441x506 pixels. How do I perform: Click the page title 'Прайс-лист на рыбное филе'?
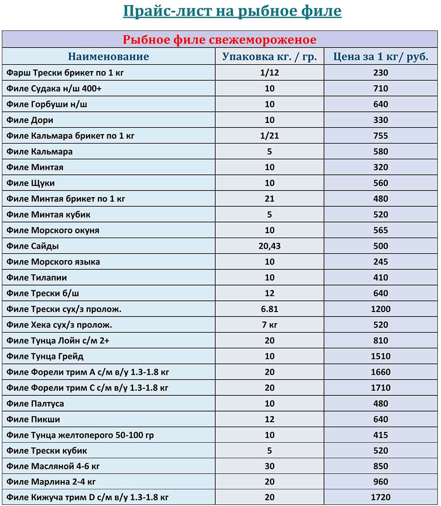click(x=232, y=11)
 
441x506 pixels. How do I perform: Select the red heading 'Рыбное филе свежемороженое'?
click(x=220, y=40)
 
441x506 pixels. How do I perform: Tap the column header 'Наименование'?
click(x=108, y=56)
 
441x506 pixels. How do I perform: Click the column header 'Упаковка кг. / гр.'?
click(x=269, y=56)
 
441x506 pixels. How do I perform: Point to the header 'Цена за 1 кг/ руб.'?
click(x=381, y=56)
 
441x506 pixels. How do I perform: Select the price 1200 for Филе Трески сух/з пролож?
click(x=381, y=309)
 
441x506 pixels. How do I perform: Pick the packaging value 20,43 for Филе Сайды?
click(x=269, y=246)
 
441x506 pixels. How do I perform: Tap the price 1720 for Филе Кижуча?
click(x=381, y=498)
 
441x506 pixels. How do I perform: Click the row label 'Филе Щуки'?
click(x=30, y=183)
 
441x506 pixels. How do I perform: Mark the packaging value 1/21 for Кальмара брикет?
click(x=269, y=136)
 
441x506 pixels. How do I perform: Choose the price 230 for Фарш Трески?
click(x=381, y=72)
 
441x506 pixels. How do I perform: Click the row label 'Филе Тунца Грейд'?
click(x=45, y=356)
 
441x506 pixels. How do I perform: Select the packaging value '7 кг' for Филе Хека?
click(x=269, y=325)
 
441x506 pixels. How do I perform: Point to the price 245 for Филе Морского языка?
click(x=381, y=262)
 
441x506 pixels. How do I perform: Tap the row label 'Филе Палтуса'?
click(x=35, y=404)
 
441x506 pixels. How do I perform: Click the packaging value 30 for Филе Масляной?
click(x=269, y=466)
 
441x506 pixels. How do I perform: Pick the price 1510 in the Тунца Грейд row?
click(x=381, y=356)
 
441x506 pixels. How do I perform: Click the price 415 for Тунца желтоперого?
click(x=381, y=435)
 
